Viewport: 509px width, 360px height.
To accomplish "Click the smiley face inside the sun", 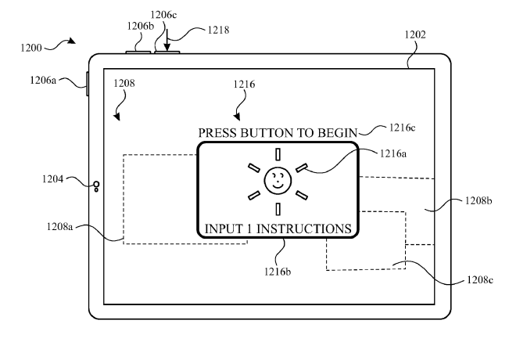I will click(277, 182).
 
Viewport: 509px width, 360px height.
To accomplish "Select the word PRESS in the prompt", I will click(216, 131).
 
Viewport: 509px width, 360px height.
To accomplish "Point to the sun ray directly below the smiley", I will click(277, 208).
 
